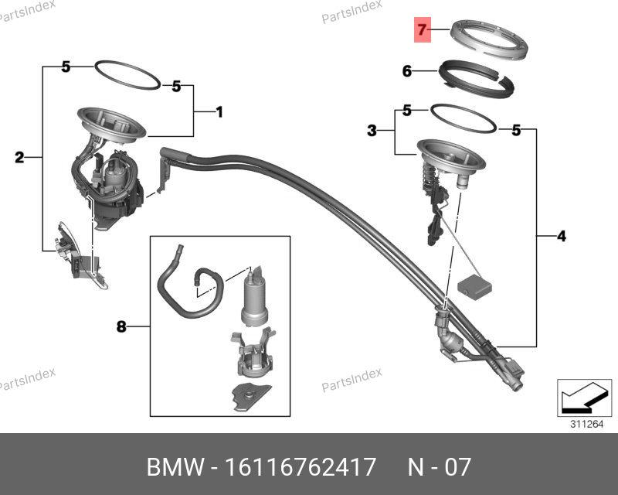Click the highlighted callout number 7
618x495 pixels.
pyautogui.click(x=422, y=29)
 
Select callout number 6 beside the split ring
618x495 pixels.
pyautogui.click(x=407, y=71)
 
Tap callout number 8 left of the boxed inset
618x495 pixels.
pyautogui.click(x=121, y=326)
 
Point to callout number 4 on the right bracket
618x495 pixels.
pyautogui.click(x=562, y=236)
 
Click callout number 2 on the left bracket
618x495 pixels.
pyautogui.click(x=19, y=158)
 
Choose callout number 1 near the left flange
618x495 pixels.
pyautogui.click(x=219, y=112)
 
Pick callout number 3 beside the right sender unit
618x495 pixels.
pyautogui.click(x=372, y=130)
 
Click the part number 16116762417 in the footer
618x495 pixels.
pyautogui.click(x=300, y=467)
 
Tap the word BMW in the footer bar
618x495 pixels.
pyautogui.click(x=175, y=467)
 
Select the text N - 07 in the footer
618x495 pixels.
pyautogui.click(x=439, y=467)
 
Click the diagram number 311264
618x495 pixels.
pyautogui.click(x=587, y=425)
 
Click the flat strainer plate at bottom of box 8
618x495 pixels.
pyautogui.click(x=252, y=397)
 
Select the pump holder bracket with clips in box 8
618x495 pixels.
pyautogui.click(x=253, y=353)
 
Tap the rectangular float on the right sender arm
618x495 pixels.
pyautogui.click(x=474, y=288)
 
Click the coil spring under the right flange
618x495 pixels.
pyautogui.click(x=429, y=174)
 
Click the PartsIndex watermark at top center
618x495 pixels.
pyautogui.click(x=351, y=12)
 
